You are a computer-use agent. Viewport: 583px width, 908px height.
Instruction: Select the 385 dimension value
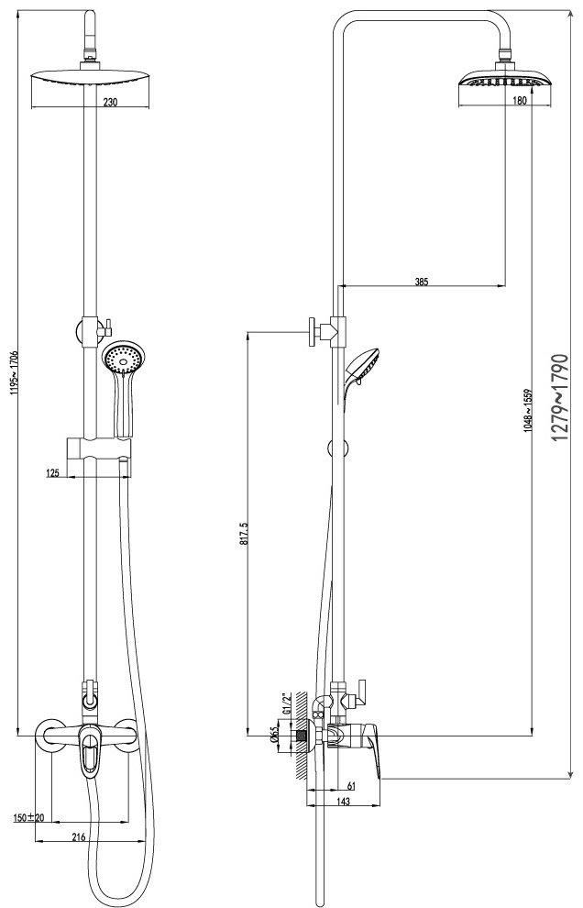pos(421,282)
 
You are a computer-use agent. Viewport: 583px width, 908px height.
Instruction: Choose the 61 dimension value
pos(352,785)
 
